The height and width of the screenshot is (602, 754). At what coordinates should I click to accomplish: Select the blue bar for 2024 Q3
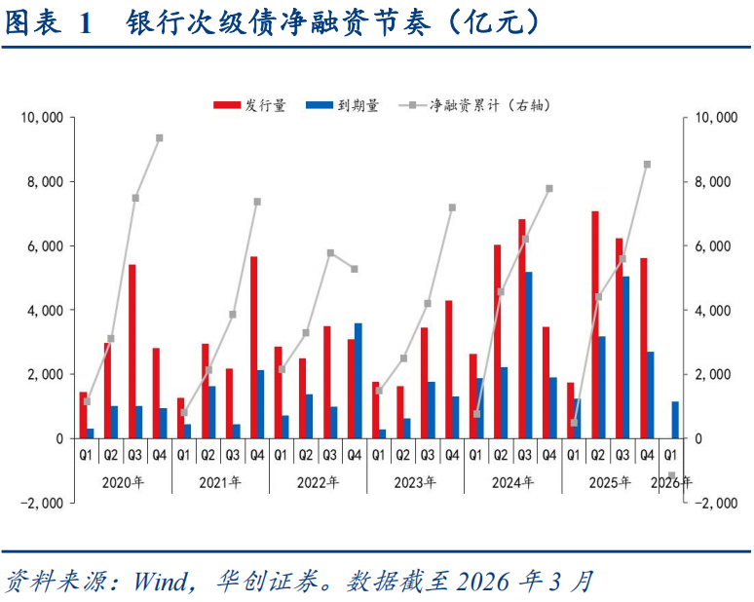click(529, 355)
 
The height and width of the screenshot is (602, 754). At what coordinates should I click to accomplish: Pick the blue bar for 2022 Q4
click(358, 380)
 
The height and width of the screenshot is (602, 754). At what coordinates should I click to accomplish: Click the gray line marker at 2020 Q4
click(159, 138)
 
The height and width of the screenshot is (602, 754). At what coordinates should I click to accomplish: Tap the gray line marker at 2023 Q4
click(452, 207)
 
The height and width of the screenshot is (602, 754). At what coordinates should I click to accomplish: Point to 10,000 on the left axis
click(43, 118)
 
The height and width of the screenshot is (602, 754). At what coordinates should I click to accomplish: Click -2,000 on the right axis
click(717, 503)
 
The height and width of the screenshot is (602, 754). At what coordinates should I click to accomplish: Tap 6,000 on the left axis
click(47, 246)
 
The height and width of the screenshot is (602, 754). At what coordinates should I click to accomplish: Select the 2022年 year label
click(318, 481)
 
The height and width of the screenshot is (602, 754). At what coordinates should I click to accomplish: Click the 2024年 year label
click(512, 481)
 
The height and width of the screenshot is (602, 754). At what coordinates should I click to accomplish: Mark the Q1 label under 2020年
click(86, 454)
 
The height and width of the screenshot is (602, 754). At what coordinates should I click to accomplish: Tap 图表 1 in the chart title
click(49, 24)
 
